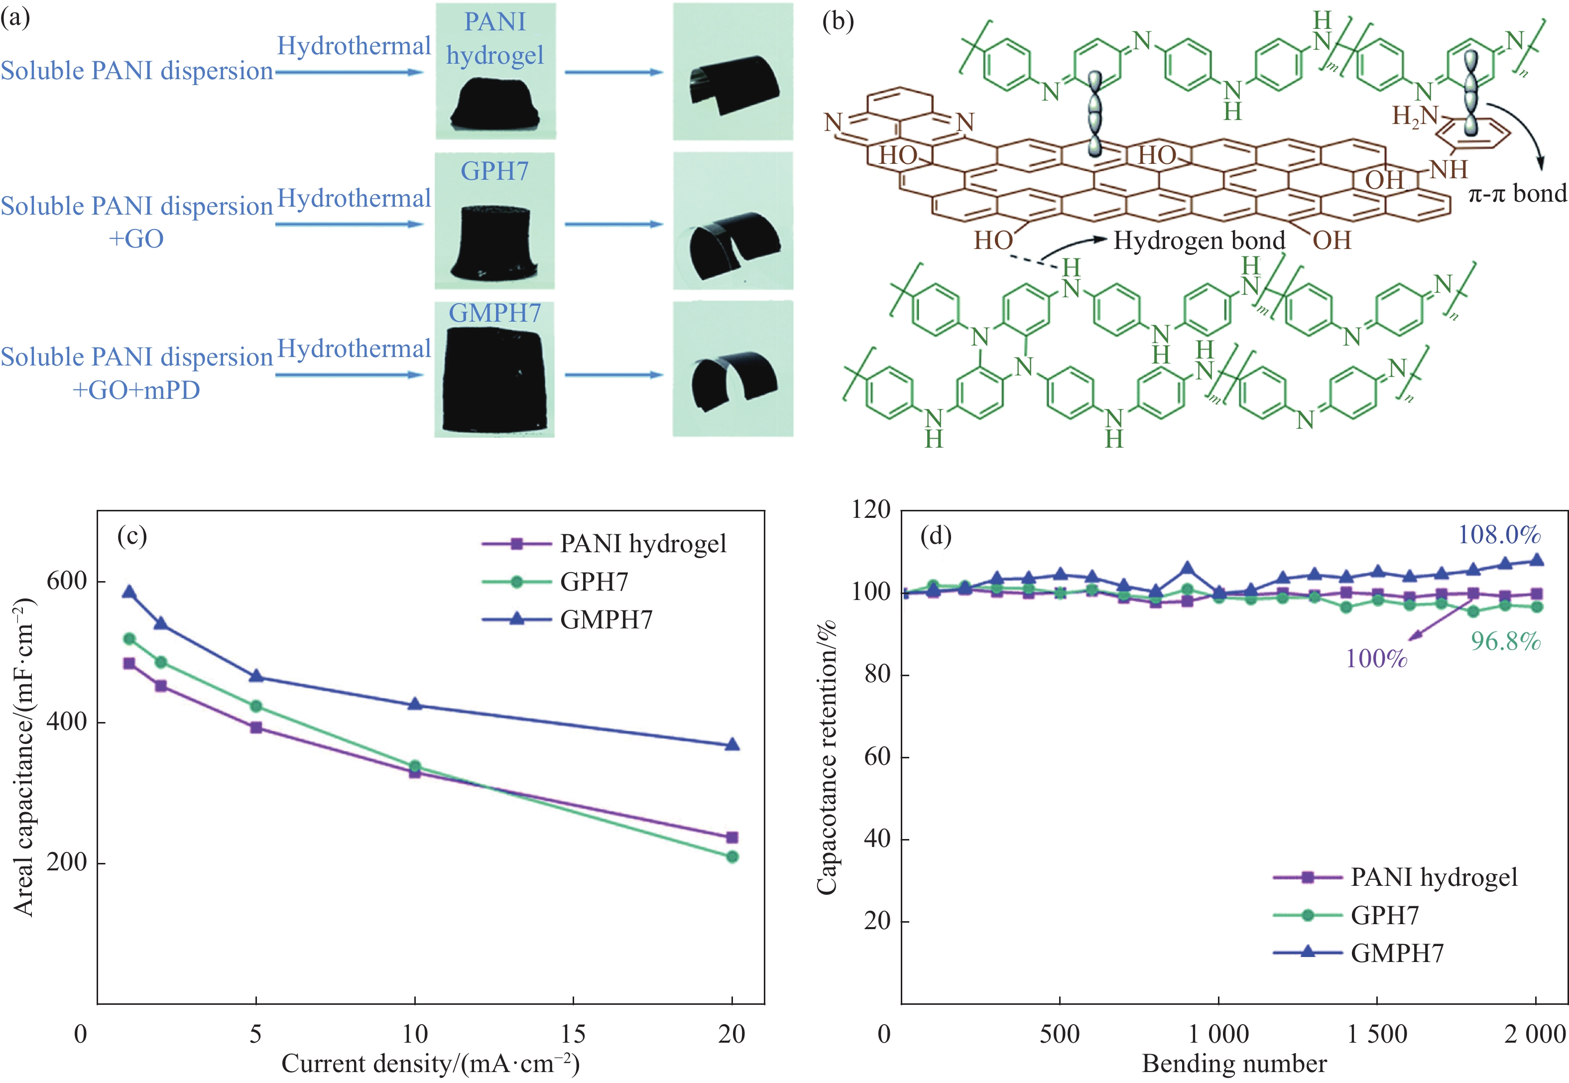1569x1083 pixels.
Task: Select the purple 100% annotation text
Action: (x=1376, y=658)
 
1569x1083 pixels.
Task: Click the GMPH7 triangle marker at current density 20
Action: (x=731, y=744)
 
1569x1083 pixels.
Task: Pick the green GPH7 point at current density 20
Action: (x=731, y=857)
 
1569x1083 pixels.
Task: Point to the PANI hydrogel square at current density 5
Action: (x=256, y=727)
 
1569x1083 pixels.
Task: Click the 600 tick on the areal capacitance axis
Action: (x=67, y=581)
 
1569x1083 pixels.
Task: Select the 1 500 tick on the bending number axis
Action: (x=1376, y=1034)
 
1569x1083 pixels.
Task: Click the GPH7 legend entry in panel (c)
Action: (x=594, y=582)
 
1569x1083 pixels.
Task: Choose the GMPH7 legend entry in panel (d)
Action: (x=1397, y=953)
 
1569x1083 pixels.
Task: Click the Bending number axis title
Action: (x=1234, y=1063)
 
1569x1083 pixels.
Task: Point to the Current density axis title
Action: (x=430, y=1063)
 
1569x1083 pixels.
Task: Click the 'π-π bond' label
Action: (x=1517, y=194)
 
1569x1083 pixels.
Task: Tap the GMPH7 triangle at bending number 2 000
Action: (x=1536, y=560)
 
